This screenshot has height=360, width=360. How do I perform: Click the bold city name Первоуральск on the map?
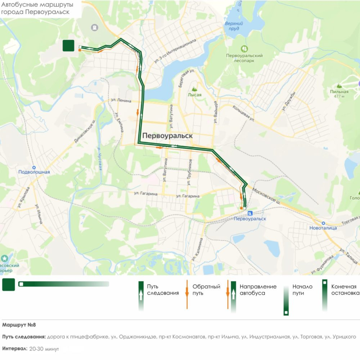pos(168,136)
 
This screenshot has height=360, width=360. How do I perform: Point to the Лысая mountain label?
pos(194,95)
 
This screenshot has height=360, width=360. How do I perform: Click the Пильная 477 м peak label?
pos(339,94)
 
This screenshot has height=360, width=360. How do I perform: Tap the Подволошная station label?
pos(34,172)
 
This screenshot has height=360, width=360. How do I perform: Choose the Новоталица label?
pos(323,228)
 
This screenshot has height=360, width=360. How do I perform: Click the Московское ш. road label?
pos(269,198)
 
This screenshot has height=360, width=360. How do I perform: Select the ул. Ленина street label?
pos(121,101)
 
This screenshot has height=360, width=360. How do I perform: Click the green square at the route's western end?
pos(68,46)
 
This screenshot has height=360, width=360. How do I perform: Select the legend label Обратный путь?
pos(206,290)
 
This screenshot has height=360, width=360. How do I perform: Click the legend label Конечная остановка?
pos(343,290)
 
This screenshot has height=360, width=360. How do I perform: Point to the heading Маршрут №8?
pos(19,325)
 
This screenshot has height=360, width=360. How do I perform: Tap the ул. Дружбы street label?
pos(289,102)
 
